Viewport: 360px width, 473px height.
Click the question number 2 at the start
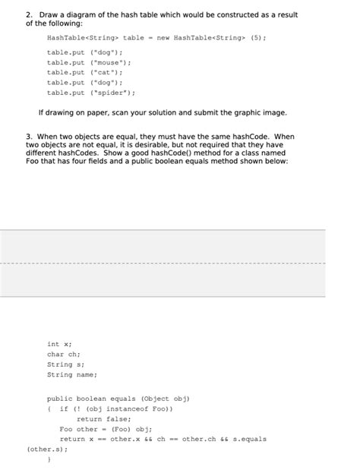click(x=28, y=14)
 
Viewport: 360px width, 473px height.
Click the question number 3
click(x=28, y=137)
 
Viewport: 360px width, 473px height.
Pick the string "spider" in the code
click(x=112, y=93)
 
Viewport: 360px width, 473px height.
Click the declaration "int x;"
click(x=58, y=344)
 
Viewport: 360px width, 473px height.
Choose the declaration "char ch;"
click(x=64, y=354)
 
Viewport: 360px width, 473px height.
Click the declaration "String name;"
click(x=72, y=374)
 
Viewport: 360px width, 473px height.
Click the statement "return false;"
click(x=104, y=418)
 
